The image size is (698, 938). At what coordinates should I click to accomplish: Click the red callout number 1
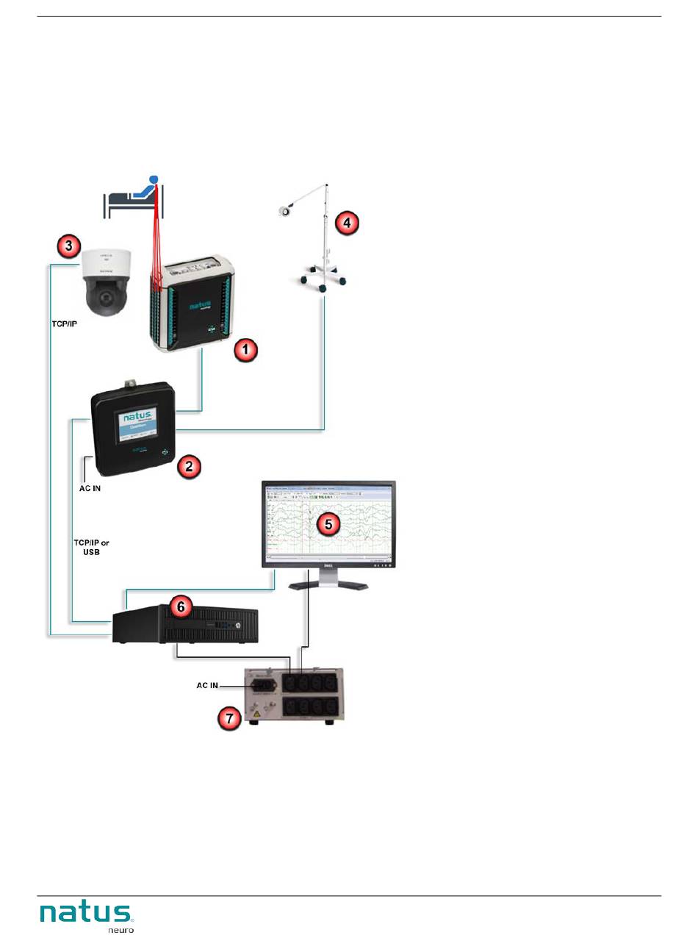245,351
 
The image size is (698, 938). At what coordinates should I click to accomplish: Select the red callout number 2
189,465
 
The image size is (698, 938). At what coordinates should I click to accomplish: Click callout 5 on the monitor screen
328,523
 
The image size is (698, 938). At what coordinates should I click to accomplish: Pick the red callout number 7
232,718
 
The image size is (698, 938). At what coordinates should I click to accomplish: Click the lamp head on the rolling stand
283,212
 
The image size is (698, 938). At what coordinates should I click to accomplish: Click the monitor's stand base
328,584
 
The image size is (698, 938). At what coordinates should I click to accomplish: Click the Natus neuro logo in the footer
87,916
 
